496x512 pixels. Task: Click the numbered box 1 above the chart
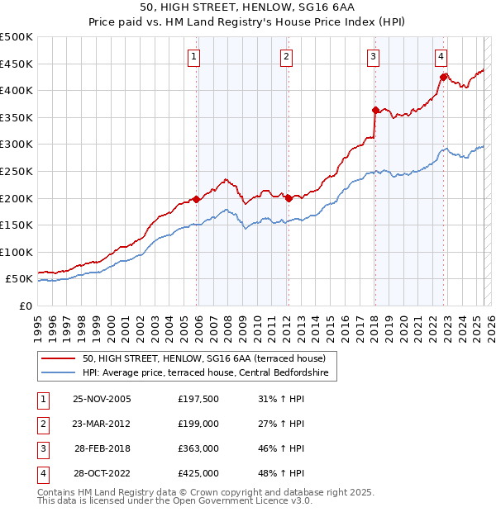pyautogui.click(x=193, y=57)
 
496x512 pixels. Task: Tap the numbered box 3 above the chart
pyautogui.click(x=374, y=57)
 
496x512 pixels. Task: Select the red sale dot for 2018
pyautogui.click(x=375, y=109)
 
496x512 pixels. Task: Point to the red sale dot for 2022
pyautogui.click(x=443, y=77)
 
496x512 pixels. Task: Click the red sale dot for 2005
pyautogui.click(x=196, y=199)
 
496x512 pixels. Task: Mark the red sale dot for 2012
pyautogui.click(x=289, y=198)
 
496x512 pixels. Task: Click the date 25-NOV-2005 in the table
pyautogui.click(x=102, y=400)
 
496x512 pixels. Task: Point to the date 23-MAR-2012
pyautogui.click(x=102, y=424)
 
